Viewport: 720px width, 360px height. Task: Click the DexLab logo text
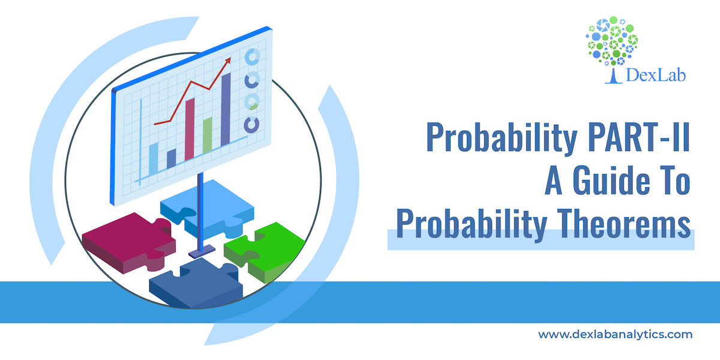coord(656,76)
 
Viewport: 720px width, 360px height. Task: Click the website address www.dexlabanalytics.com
coord(615,334)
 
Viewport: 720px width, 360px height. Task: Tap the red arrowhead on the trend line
coord(228,60)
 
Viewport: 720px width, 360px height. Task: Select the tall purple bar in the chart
coord(226,110)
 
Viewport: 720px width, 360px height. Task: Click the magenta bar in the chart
coord(190,129)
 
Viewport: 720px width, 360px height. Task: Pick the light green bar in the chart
coord(208,135)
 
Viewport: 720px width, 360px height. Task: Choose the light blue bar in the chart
coord(154,159)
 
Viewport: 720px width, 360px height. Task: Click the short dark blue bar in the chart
coord(172,158)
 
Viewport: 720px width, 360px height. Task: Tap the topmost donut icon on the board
coord(253,57)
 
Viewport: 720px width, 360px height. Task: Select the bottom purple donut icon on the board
coord(251,125)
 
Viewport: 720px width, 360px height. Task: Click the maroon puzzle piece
coord(128,242)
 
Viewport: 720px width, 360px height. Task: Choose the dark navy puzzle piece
coord(195,283)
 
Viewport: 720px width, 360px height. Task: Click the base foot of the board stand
coord(202,251)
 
